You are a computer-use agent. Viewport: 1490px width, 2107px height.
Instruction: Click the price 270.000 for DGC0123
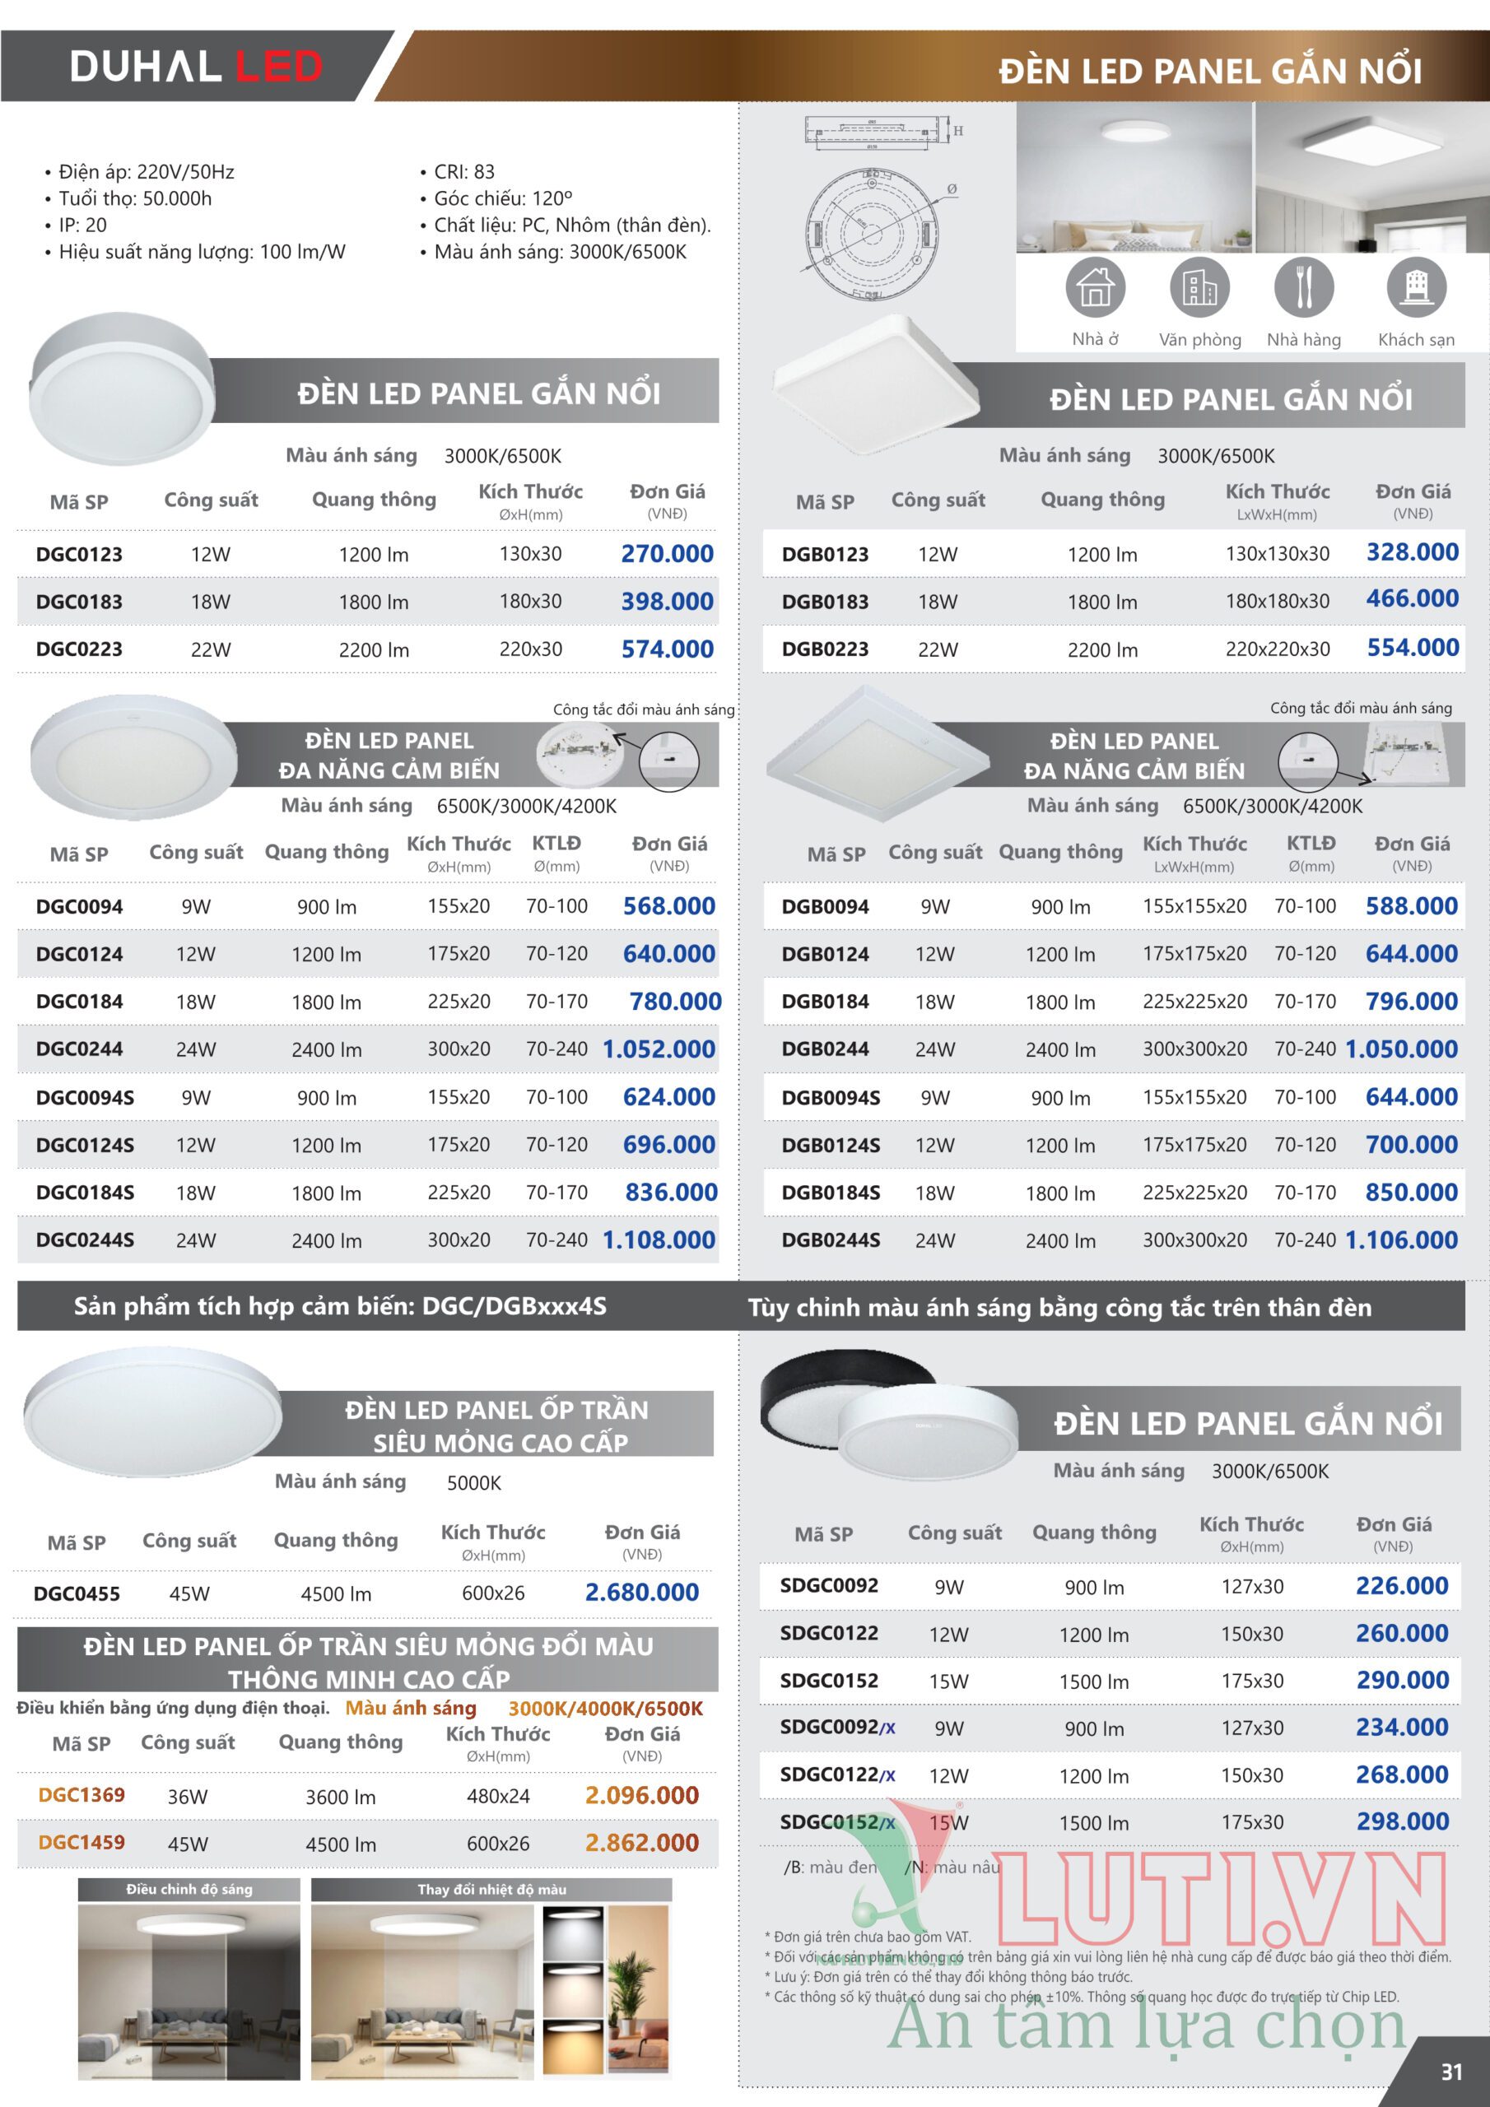click(x=667, y=554)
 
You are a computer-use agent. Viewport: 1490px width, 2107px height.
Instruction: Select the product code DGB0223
click(x=824, y=649)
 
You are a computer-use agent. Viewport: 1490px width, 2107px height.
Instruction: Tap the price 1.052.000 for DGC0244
click(x=659, y=1049)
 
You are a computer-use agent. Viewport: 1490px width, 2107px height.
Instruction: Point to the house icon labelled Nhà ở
click(x=1094, y=287)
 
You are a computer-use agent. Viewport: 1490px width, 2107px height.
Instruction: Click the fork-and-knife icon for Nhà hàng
click(x=1302, y=287)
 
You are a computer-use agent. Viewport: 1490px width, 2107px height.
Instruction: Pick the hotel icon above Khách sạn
click(x=1416, y=287)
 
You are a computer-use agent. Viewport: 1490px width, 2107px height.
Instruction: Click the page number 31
click(x=1451, y=2072)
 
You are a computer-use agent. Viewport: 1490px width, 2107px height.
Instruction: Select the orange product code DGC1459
click(x=81, y=1842)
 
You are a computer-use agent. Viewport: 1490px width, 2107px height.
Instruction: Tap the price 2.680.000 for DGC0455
click(x=642, y=1592)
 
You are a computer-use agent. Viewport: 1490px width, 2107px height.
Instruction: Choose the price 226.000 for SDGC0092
click(x=1402, y=1586)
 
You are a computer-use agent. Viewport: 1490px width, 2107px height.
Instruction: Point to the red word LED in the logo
click(x=279, y=66)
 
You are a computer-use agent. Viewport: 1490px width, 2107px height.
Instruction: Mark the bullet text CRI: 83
click(x=463, y=172)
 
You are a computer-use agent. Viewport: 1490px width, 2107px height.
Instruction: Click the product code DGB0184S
click(x=830, y=1193)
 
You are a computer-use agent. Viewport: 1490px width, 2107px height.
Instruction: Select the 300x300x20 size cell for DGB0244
click(x=1194, y=1049)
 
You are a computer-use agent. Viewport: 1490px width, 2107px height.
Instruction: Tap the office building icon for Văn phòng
click(x=1199, y=287)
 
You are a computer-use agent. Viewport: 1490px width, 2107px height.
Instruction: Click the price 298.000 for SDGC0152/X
click(x=1402, y=1821)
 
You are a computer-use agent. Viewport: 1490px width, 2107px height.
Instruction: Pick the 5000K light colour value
click(x=473, y=1483)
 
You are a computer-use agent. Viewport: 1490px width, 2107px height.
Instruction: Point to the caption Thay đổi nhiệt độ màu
click(x=491, y=1890)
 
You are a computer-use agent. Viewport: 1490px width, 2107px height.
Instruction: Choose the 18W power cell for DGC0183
click(x=210, y=602)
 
